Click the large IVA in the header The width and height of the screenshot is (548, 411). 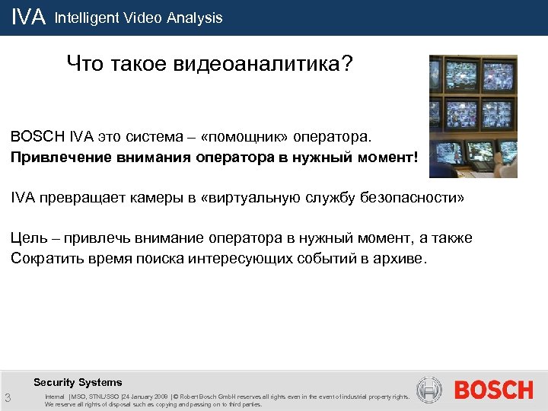click(x=29, y=18)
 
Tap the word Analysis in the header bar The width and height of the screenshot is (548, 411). click(x=194, y=17)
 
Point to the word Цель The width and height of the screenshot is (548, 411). click(x=27, y=238)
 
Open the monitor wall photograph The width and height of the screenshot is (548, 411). click(x=473, y=116)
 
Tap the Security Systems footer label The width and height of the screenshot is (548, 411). click(x=78, y=383)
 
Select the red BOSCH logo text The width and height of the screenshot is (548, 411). click(x=493, y=390)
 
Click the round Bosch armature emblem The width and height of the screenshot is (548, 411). click(x=429, y=390)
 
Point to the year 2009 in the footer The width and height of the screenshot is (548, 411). click(x=161, y=397)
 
